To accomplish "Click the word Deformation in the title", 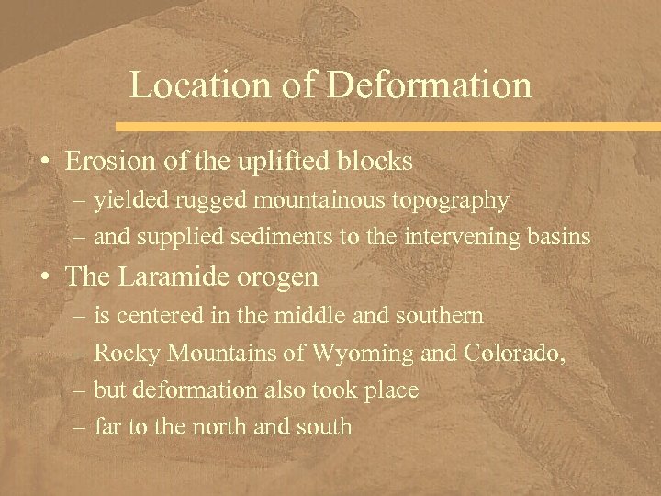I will (430, 85).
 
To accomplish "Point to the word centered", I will (157, 317).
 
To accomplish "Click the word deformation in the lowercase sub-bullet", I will (195, 389).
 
